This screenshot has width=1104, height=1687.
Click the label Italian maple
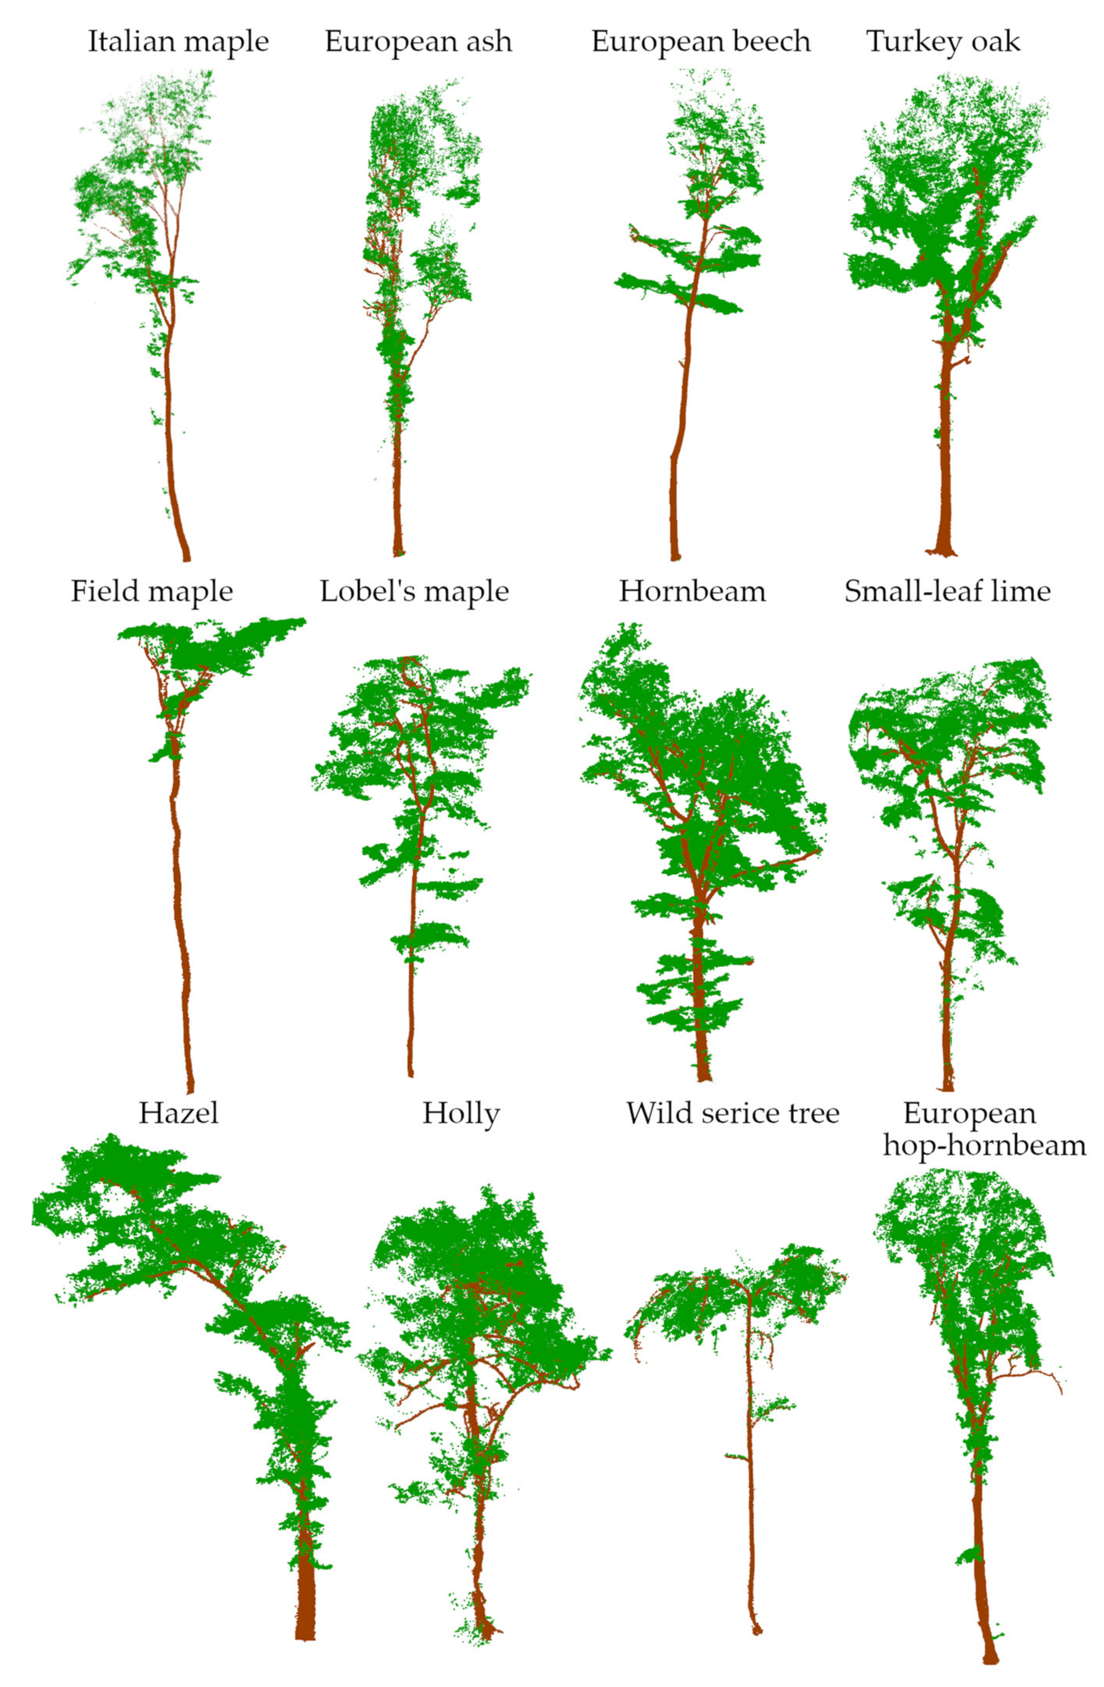coord(178,41)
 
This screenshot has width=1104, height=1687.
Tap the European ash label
coord(418,41)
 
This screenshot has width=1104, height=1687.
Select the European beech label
coord(701,41)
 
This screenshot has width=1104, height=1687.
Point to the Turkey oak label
coord(943,41)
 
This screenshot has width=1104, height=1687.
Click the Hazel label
coord(179,1113)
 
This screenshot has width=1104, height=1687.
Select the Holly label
coord(461,1113)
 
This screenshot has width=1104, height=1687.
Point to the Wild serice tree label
coord(732,1113)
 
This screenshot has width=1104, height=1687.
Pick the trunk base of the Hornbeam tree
coord(703,1076)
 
